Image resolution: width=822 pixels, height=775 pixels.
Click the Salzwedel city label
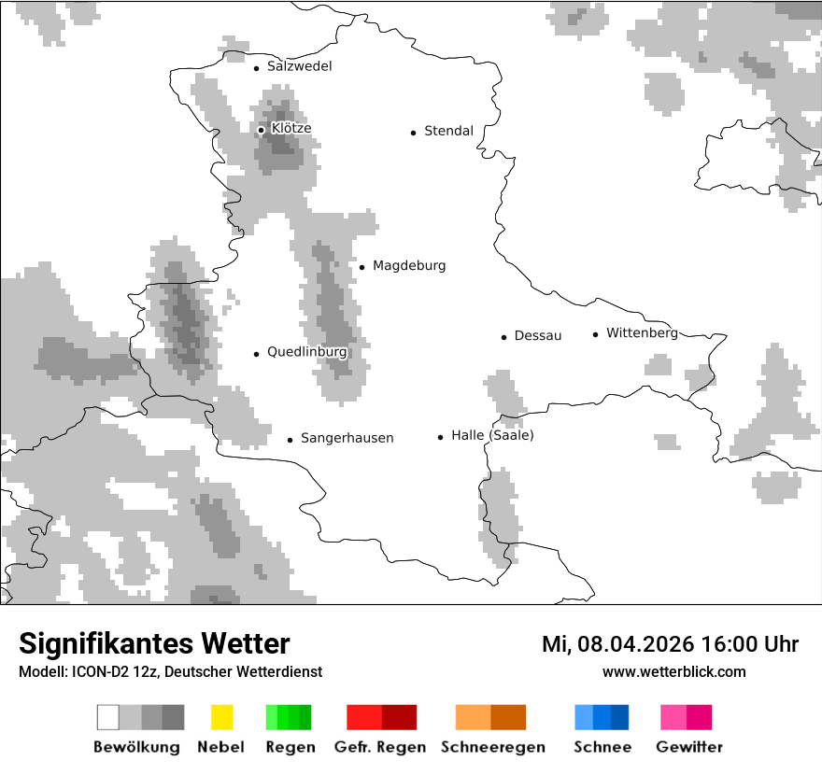299,66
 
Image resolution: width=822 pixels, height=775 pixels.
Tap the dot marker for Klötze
261,130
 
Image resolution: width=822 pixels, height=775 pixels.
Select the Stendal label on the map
448,131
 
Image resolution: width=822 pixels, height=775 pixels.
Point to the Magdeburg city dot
361,267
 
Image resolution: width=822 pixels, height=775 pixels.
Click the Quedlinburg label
306,352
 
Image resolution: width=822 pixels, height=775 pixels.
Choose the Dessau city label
537,335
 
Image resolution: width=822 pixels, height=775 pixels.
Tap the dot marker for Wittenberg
595,334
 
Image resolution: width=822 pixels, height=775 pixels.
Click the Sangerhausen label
347,438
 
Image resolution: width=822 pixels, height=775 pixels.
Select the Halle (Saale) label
492,435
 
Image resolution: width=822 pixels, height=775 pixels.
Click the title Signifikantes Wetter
154,644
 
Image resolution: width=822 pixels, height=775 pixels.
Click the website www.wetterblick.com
673,671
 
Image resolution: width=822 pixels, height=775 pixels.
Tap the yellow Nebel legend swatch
221,717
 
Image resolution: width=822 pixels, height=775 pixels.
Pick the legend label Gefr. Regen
380,747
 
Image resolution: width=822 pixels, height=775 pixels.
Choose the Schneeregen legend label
492,747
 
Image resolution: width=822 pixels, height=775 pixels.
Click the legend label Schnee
602,747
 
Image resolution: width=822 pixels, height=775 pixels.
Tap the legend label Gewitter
688,747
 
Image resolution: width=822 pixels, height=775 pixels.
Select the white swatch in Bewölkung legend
108,717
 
